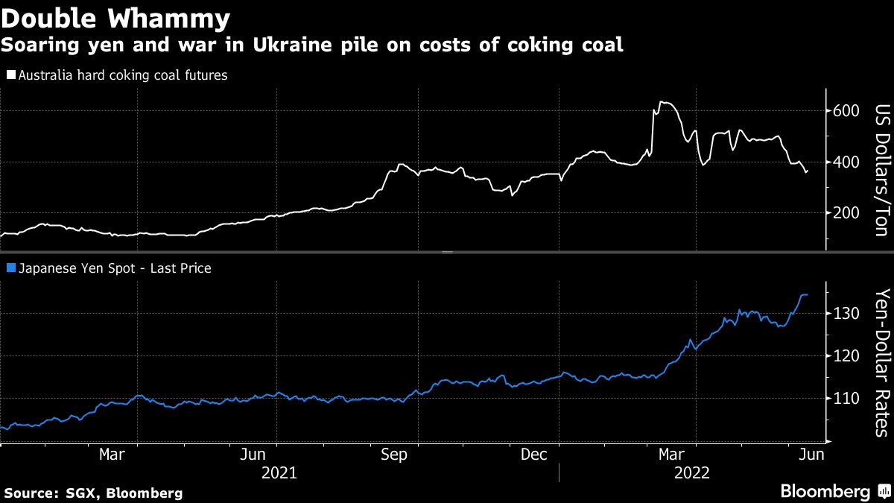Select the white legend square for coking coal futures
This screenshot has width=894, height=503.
[x=10, y=75]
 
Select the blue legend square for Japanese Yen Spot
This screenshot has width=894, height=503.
[x=10, y=268]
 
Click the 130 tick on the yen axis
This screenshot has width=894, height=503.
[x=846, y=313]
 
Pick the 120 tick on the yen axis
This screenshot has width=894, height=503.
[x=846, y=356]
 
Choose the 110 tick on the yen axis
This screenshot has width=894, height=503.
[x=846, y=399]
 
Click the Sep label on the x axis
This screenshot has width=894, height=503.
[x=393, y=455]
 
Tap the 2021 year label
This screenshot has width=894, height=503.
[x=279, y=473]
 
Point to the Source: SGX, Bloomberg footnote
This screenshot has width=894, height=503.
[x=93, y=493]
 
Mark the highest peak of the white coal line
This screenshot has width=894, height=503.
[x=662, y=102]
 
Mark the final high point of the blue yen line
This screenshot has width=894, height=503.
[x=803, y=295]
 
